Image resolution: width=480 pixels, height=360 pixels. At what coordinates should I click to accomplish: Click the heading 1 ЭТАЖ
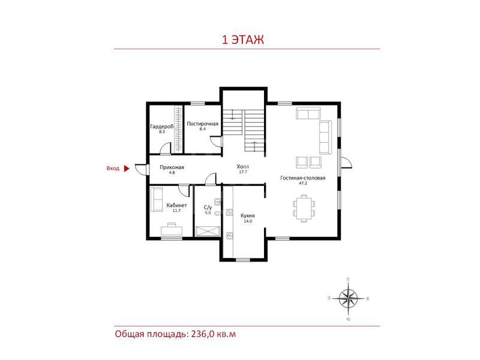[x=243, y=40]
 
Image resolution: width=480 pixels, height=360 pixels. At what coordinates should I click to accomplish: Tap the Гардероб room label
[x=162, y=127]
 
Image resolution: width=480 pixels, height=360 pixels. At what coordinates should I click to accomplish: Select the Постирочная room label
[x=203, y=124]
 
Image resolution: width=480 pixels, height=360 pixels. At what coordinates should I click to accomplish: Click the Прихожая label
[x=172, y=167]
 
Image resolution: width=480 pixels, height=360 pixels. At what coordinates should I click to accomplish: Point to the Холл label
[x=243, y=167]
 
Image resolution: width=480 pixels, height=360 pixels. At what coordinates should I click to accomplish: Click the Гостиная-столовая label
[x=303, y=178]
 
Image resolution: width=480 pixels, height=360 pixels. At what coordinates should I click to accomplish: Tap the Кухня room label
[x=248, y=215]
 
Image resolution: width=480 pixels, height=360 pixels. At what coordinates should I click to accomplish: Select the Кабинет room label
[x=176, y=205]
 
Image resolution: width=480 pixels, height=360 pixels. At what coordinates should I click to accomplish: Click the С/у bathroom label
[x=208, y=208]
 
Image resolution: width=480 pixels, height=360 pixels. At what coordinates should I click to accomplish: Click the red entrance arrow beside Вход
[x=127, y=169]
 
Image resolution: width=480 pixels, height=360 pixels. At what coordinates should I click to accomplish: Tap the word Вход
[x=113, y=169]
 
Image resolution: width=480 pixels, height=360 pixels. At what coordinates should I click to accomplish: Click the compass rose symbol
[x=349, y=298]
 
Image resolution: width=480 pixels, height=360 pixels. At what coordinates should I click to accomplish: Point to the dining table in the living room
[x=304, y=208]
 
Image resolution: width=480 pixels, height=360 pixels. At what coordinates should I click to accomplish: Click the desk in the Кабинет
[x=172, y=230]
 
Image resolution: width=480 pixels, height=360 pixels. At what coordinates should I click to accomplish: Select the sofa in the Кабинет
[x=157, y=199]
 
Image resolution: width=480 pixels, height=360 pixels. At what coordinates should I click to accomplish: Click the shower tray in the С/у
[x=208, y=231]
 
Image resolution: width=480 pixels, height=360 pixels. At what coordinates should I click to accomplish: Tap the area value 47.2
[x=303, y=183]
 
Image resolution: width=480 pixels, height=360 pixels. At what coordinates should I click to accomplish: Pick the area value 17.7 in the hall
[x=243, y=172]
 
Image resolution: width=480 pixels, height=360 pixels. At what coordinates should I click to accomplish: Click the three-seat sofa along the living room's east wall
[x=325, y=137]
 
